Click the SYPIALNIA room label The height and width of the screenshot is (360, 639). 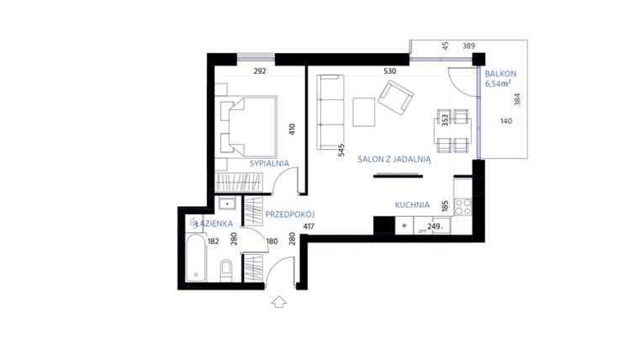(269, 163)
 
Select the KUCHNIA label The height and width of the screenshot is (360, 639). (412, 204)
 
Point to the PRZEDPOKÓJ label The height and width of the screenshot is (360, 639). (289, 214)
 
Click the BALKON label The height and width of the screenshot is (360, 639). (500, 74)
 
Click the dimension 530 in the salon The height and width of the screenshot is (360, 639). (389, 71)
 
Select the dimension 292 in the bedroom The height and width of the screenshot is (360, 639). (260, 71)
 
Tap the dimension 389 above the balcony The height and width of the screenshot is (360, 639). (493, 45)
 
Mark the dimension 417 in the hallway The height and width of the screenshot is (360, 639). (308, 226)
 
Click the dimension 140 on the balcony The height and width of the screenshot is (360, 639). (505, 121)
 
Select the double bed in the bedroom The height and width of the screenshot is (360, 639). (248, 124)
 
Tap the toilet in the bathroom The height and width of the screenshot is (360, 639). (226, 270)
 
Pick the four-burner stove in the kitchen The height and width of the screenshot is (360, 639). (462, 204)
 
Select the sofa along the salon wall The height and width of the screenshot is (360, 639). (330, 111)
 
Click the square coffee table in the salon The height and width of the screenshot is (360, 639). (365, 112)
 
